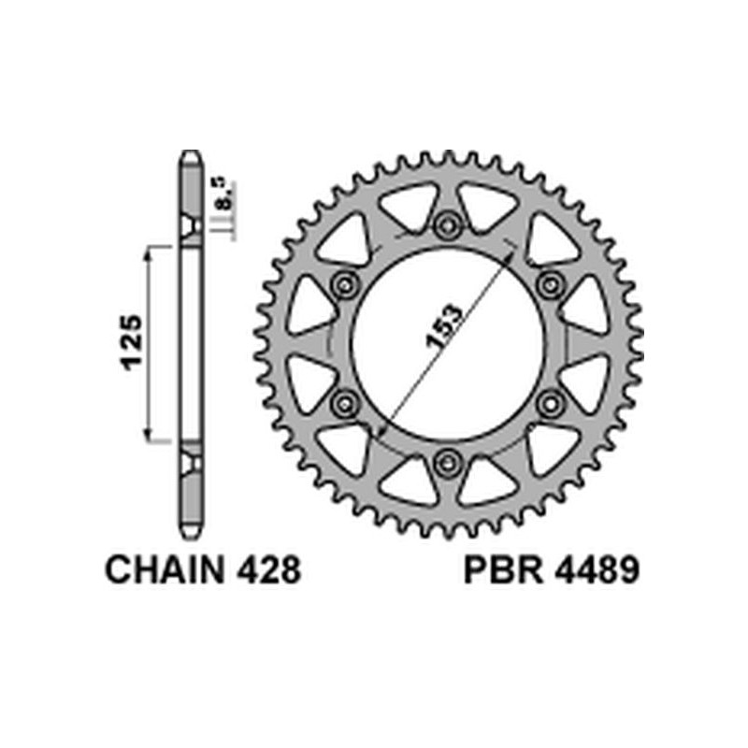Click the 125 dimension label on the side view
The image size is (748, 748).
[x=131, y=343]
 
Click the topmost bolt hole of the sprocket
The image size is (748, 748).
[x=448, y=224]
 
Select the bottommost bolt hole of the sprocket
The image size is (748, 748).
[x=448, y=460]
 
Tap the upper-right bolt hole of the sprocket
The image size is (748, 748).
[x=550, y=283]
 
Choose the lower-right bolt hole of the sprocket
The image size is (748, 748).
[x=550, y=401]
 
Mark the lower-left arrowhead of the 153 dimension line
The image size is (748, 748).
[x=381, y=432]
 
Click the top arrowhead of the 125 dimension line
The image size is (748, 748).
[x=147, y=252]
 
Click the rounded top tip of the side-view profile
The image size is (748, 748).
[x=191, y=154]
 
